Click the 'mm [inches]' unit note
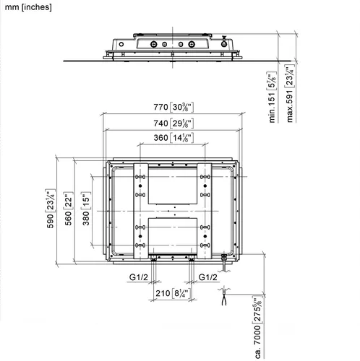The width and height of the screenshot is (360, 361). pyautogui.click(x=28, y=7)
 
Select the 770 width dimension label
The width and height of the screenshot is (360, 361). pyautogui.click(x=173, y=107)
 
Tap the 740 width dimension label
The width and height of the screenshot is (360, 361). pyautogui.click(x=173, y=123)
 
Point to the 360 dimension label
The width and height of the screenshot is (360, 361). pyautogui.click(x=173, y=138)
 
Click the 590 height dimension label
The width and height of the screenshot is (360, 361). pyautogui.click(x=51, y=209)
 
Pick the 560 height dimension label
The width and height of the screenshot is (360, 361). pyautogui.click(x=69, y=209)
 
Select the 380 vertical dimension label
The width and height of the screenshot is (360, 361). pyautogui.click(x=86, y=209)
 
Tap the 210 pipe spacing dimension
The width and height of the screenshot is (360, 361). pyautogui.click(x=173, y=293)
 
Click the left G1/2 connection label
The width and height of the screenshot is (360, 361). pyautogui.click(x=139, y=277)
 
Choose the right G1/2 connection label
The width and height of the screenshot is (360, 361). pyautogui.click(x=207, y=277)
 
